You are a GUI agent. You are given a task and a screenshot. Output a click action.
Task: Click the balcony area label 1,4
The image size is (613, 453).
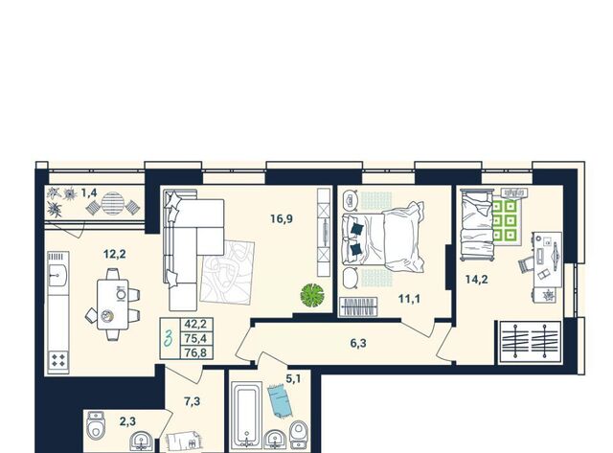click(x=89, y=193)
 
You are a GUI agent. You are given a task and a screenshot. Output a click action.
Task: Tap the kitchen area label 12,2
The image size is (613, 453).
click(x=115, y=255)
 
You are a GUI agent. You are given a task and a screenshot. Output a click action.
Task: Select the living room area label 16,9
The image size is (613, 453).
click(x=282, y=219)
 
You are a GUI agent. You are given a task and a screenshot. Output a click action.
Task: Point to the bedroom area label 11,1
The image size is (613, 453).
click(x=409, y=299)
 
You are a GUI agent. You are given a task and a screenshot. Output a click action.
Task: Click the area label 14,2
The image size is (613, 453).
click(x=477, y=280)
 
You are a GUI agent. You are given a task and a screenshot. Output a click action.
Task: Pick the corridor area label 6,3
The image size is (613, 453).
click(x=358, y=344)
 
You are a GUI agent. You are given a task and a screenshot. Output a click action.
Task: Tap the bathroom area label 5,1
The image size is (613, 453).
click(x=293, y=378)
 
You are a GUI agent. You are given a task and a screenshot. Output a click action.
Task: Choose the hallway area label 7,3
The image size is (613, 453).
click(x=192, y=401)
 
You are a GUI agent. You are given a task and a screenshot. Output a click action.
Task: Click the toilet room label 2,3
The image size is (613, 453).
click(x=127, y=421)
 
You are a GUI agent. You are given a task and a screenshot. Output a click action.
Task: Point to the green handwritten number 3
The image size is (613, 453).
click(x=169, y=338)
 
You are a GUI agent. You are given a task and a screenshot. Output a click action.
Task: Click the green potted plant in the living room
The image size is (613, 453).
click(x=312, y=295)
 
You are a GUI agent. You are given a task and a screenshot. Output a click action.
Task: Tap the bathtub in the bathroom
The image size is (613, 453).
click(x=246, y=415)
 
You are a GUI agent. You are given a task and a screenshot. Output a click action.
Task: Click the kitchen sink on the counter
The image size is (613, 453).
click(x=57, y=276)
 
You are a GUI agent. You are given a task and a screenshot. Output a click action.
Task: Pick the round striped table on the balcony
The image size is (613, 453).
click(x=113, y=203)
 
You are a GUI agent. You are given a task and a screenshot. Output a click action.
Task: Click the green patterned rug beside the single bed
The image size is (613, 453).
click(x=505, y=221)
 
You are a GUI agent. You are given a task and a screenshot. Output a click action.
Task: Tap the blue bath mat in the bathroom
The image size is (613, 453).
click(x=280, y=400)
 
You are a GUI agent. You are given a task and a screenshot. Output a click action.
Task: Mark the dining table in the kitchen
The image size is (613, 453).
click(x=113, y=305)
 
